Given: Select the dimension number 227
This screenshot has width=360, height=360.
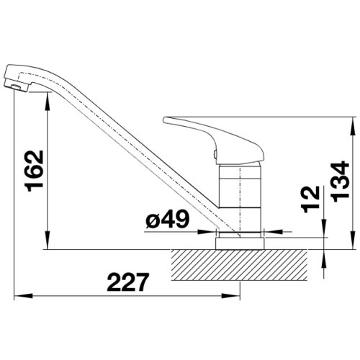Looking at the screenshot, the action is (x=127, y=282).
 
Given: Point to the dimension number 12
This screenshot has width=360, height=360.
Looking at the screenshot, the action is (x=311, y=199).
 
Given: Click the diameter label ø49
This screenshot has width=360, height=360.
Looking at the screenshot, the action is (x=167, y=219).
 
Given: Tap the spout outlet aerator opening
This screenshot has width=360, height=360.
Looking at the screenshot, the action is (x=17, y=87).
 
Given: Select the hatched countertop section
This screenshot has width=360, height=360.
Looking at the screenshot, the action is (x=239, y=265).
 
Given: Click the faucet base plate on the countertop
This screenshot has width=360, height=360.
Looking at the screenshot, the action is (x=240, y=243).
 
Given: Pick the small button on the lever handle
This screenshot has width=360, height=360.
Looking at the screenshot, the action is (x=215, y=153).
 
